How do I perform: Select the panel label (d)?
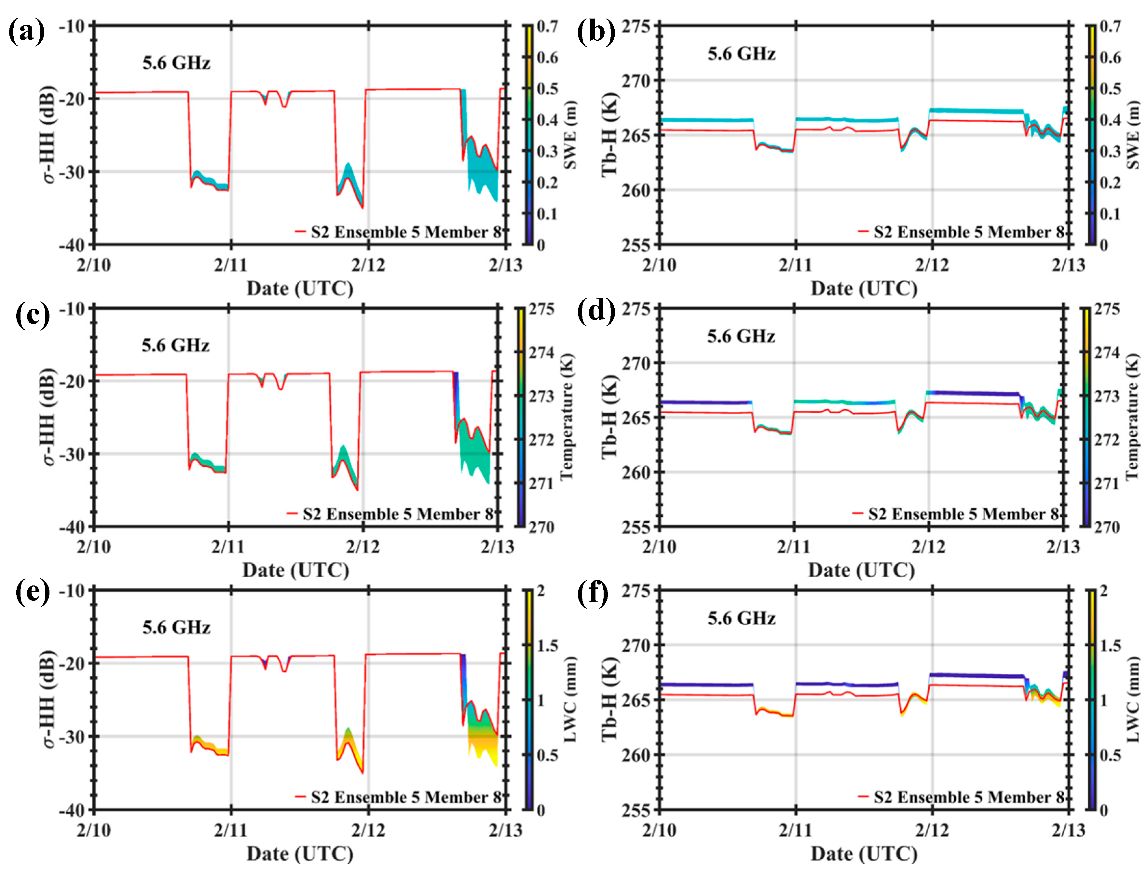click(595, 314)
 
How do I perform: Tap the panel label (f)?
click(593, 593)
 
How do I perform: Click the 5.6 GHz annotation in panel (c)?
click(175, 345)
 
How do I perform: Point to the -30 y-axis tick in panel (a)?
click(72, 172)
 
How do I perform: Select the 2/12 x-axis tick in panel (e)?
click(368, 830)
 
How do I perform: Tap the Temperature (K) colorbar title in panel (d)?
click(1132, 417)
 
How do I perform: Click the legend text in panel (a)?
click(406, 232)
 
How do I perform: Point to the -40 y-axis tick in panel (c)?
click(72, 528)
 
